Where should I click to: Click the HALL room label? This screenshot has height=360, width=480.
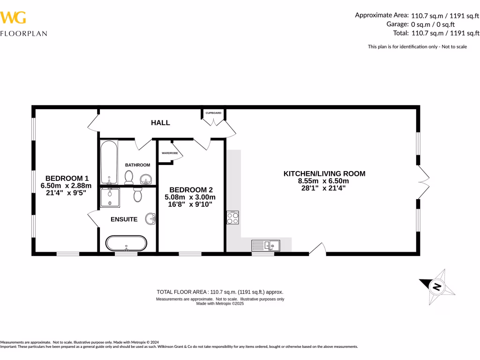(x=160, y=123)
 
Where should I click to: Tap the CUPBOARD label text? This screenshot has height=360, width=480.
(x=213, y=113)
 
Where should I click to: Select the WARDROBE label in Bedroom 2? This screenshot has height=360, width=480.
(x=169, y=153)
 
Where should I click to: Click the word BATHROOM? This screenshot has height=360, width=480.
(x=137, y=165)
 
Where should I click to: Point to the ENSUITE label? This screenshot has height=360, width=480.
(x=124, y=219)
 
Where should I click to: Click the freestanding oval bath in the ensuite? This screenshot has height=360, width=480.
(x=126, y=244)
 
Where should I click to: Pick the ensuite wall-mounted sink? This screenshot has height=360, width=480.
(x=151, y=219)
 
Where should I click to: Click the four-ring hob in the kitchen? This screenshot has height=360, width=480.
(x=233, y=218)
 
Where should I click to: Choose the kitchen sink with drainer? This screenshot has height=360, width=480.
(x=265, y=245)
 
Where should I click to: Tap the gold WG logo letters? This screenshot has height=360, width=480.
(x=13, y=18)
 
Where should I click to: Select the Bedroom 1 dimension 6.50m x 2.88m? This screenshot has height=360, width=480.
(x=66, y=186)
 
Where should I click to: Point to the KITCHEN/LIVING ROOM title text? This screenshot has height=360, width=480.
(x=324, y=173)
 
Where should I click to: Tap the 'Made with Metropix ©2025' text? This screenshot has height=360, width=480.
(x=220, y=304)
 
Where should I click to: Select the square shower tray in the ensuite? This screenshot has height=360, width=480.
(x=109, y=197)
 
